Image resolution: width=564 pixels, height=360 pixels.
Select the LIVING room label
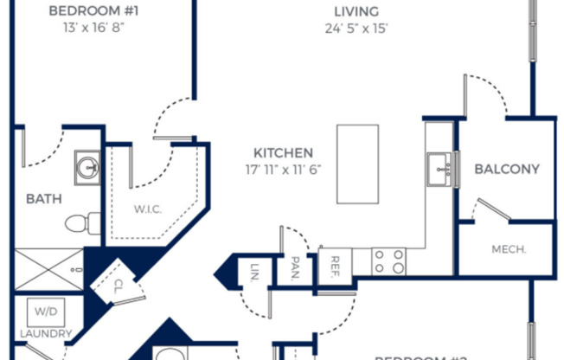tap(356, 11)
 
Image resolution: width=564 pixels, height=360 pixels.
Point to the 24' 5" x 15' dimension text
tap(356, 28)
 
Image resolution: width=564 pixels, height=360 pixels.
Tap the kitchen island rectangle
tap(357, 164)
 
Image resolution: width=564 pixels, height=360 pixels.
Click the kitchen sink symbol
tap(439, 168)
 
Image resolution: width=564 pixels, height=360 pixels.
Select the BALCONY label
tap(507, 169)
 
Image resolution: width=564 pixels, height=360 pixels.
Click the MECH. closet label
tap(510, 250)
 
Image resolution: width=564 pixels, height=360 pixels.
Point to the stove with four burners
tap(388, 260)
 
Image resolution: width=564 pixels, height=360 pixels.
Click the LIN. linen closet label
tap(256, 270)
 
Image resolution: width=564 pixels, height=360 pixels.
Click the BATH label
tap(43, 198)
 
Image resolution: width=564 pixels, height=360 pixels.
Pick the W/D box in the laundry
tap(43, 311)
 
